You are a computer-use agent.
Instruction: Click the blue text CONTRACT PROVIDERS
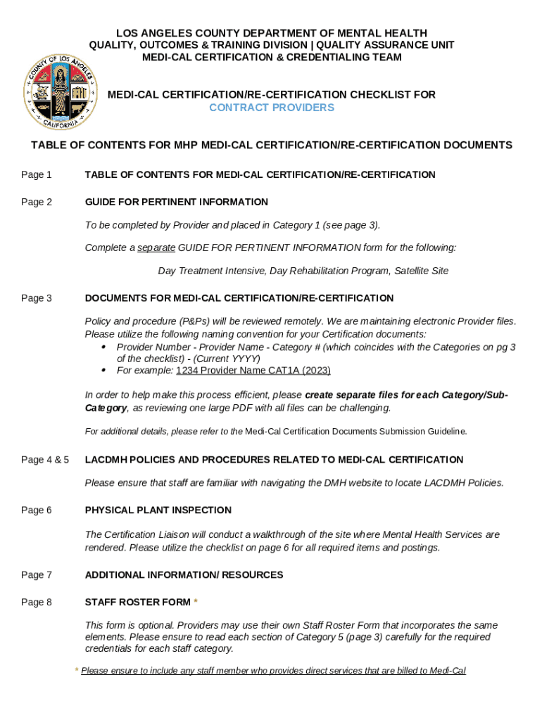tap(272, 108)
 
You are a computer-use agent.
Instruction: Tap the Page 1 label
tap(37, 174)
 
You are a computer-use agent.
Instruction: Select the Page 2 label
tap(37, 202)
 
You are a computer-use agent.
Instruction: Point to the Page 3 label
tap(37, 298)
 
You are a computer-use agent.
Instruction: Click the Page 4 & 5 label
tap(45, 460)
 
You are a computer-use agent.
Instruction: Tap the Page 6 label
tap(37, 510)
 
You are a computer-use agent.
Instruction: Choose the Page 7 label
tap(37, 574)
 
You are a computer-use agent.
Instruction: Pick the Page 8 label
tap(37, 602)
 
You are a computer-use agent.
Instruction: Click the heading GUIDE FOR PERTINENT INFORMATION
tap(176, 202)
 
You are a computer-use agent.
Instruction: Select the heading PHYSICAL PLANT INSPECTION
tap(158, 510)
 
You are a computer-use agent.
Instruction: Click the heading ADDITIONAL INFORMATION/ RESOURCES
tap(184, 574)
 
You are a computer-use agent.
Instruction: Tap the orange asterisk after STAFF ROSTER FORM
tap(196, 602)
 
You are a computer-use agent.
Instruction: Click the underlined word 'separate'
tap(156, 247)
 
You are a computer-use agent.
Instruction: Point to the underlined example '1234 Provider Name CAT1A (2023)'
tap(253, 371)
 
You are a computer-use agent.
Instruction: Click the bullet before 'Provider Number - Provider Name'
tap(104, 347)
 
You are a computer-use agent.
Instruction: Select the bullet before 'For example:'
tap(104, 371)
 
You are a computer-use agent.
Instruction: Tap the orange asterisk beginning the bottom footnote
tap(77, 671)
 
